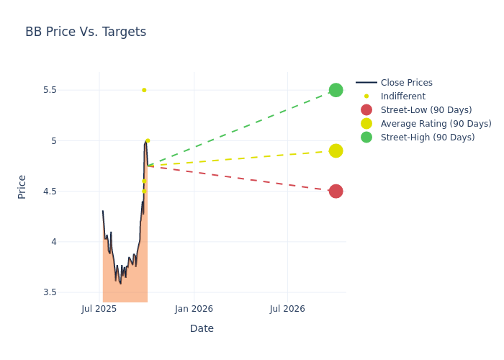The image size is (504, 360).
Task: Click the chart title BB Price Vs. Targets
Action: coord(86,32)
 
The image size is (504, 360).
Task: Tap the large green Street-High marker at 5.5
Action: coord(336,90)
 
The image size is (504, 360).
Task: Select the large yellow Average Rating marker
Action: coord(336,150)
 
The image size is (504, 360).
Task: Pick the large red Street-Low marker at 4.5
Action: coord(336,191)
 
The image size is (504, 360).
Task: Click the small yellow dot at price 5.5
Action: coord(144,90)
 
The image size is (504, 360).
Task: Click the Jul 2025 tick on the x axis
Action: coord(99,309)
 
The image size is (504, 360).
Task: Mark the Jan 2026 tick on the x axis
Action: coord(194,309)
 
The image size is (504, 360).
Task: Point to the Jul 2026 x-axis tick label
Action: coord(287,309)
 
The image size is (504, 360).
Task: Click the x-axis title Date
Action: coord(202,328)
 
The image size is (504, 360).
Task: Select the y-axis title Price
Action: coord(22,186)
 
